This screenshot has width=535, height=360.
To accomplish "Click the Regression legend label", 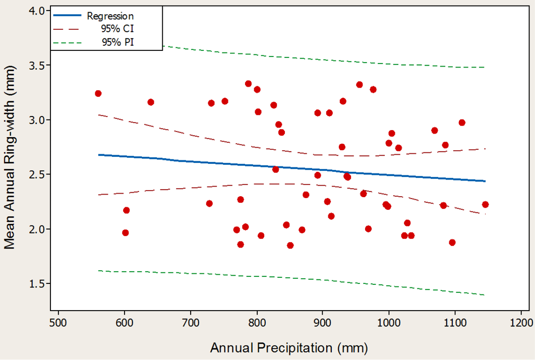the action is (x=110, y=16).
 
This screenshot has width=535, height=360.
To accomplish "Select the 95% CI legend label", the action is (x=117, y=29).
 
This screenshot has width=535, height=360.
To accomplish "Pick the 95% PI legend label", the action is (x=117, y=42).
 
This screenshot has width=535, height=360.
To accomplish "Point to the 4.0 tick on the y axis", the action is (x=37, y=11).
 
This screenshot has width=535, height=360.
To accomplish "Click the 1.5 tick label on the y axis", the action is (x=37, y=283).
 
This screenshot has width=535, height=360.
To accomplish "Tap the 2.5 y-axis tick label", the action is (x=37, y=174).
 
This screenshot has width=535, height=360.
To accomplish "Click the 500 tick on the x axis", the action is (x=58, y=323).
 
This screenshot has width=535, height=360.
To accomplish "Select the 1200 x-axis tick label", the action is (x=521, y=323).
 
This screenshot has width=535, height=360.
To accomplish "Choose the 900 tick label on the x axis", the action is (x=322, y=323).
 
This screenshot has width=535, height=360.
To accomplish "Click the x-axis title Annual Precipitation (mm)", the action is (x=289, y=348).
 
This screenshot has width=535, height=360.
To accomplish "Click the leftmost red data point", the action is (x=98, y=93).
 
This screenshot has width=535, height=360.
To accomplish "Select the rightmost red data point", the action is (x=485, y=204).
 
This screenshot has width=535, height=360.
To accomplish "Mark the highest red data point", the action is (x=249, y=84).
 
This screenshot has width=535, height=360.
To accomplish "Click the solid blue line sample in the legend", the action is (x=67, y=15).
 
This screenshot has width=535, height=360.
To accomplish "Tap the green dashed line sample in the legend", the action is (x=67, y=43).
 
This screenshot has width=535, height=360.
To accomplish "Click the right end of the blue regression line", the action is (x=485, y=181).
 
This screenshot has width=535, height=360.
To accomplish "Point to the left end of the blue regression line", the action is (x=98, y=155).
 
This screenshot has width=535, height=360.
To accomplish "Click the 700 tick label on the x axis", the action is (x=191, y=323).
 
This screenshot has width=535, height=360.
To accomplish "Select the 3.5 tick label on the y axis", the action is (x=37, y=65).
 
